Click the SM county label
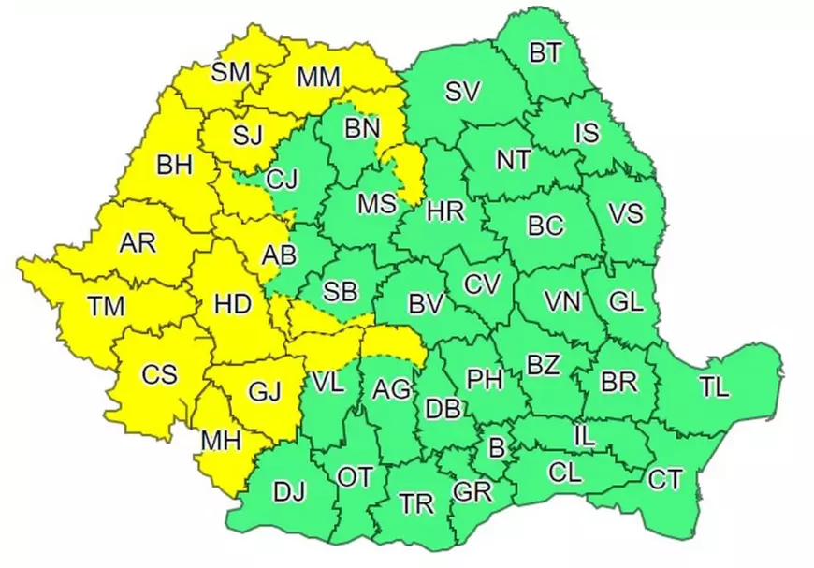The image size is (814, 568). pos(231,72)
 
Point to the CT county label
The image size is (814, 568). pos(665,480)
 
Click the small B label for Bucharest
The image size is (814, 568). pos(497,448)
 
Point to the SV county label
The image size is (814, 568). pos(463,91)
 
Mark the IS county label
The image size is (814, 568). pos(587,133)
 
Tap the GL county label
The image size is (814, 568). pos(625,301)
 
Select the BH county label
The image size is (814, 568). pos(174,166)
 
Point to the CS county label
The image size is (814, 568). pos(159,374)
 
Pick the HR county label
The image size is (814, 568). pos(445,211)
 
